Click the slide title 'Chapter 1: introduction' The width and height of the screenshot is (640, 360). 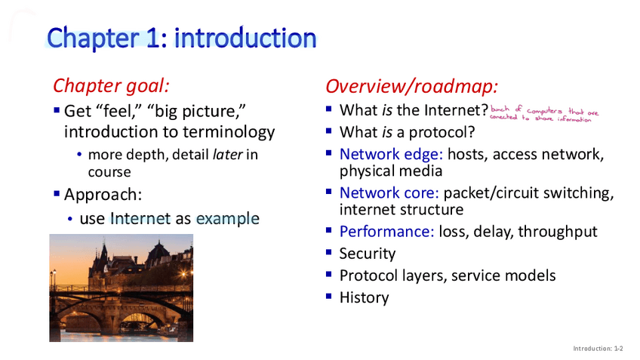coord(182,38)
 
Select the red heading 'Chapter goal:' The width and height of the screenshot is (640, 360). coord(111,86)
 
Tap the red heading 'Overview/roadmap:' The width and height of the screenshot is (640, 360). coord(412,87)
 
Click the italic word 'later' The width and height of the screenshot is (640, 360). coord(228,155)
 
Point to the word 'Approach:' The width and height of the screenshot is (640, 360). coord(103,195)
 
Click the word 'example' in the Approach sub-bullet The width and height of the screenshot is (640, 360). coord(228,219)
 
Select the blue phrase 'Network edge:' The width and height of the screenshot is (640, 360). coord(391,154)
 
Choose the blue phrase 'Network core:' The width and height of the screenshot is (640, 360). coord(389,192)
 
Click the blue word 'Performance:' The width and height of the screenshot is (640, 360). coord(387,232)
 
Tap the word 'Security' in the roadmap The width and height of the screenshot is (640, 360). coord(368,254)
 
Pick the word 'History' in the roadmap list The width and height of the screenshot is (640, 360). coord(364,297)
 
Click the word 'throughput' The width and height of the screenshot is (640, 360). coord(558,232)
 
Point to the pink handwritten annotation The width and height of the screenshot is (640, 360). coord(544,114)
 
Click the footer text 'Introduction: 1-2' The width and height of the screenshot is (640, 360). coord(598,349)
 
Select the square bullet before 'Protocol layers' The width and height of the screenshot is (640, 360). coord(329,274)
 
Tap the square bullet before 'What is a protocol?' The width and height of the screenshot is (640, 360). coord(329,131)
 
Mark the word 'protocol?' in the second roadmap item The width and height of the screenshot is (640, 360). coord(442,132)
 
